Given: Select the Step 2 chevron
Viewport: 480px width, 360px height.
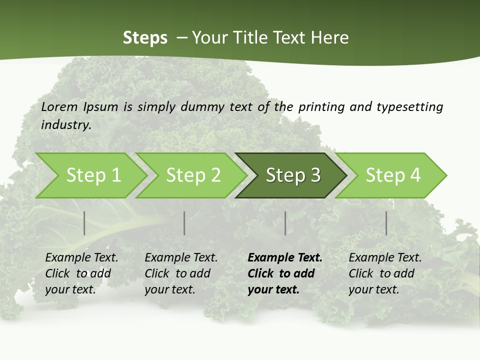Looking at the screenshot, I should pos(192,175).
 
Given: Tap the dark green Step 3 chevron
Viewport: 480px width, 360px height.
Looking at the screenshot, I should pos(292,175).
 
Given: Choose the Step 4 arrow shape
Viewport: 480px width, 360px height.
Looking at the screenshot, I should pos(392,175).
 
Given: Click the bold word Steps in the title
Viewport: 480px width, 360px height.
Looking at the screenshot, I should pos(145,38).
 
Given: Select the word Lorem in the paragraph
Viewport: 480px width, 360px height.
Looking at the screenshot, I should pos(59,106).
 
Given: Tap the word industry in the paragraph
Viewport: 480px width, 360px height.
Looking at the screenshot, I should pos(65,124).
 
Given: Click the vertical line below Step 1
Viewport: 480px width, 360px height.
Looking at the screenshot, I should pos(84,223).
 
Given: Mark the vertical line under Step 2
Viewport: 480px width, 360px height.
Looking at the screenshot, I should pos(184,223).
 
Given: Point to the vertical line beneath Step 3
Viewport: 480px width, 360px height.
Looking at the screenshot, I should pos(285,223).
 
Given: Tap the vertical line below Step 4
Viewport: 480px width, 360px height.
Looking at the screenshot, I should pos(386,223).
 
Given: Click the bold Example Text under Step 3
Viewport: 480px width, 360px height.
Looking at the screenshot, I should pos(285,258).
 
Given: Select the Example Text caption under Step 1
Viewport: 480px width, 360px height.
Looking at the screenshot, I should pos(81,258).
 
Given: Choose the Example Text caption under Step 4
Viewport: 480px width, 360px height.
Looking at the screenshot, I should pos(385,258).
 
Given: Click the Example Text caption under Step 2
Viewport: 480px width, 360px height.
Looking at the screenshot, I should pos(181,258).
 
